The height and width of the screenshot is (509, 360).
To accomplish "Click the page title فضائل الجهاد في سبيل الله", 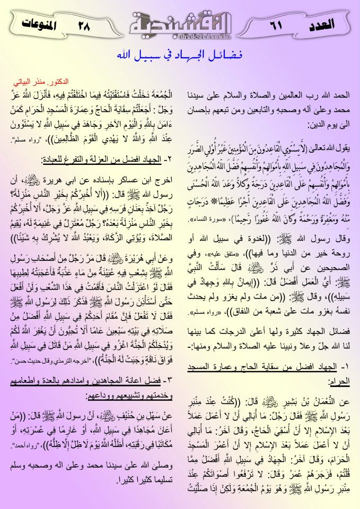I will [x=179, y=55].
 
